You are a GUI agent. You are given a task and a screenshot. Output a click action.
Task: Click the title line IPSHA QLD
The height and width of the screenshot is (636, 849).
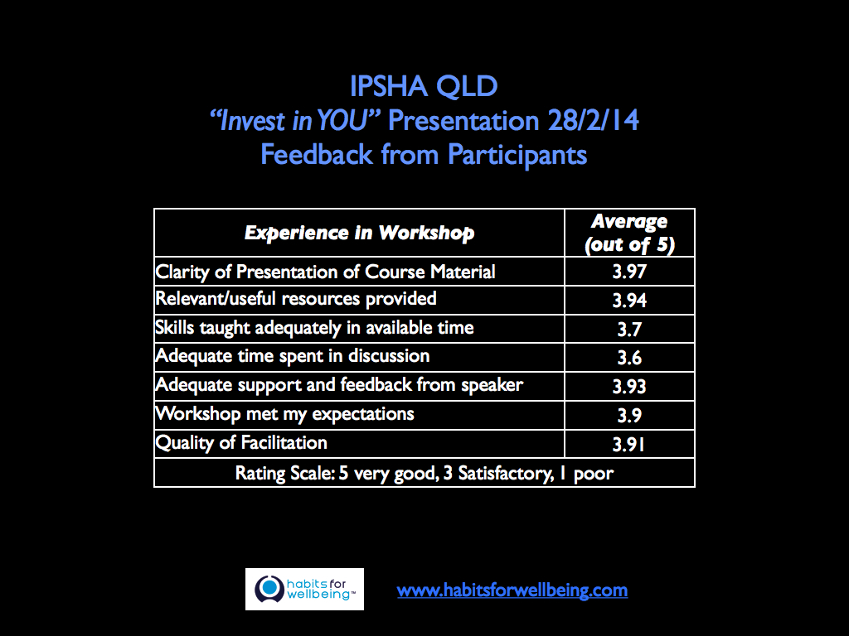[424, 88]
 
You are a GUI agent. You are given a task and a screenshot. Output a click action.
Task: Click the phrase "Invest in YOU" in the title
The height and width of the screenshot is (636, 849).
[295, 121]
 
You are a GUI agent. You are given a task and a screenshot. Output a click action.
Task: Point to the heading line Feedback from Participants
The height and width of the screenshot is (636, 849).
[424, 155]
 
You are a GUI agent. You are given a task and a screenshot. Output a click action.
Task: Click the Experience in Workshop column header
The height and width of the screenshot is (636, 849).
[359, 233]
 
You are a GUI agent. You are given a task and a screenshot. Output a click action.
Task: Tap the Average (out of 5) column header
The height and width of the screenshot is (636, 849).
[628, 233]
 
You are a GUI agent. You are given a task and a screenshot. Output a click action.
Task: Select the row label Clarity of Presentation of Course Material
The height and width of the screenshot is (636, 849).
[325, 272]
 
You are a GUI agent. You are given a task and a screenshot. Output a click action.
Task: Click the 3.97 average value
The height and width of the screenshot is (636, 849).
[629, 272]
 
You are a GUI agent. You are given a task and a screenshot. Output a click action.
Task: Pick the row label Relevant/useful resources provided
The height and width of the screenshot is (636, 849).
[295, 299]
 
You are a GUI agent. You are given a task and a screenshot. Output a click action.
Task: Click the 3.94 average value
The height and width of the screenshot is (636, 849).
[629, 300]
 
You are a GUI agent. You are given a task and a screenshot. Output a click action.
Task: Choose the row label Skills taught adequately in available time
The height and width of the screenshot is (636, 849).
[314, 328]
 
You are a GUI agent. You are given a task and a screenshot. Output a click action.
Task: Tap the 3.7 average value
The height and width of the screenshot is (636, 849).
[629, 329]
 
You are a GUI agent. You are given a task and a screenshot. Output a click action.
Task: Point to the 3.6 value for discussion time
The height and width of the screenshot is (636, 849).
[629, 358]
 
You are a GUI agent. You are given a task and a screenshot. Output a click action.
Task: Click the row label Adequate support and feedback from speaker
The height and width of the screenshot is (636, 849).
[339, 385]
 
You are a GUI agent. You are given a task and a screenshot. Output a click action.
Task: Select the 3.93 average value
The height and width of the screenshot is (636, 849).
[629, 386]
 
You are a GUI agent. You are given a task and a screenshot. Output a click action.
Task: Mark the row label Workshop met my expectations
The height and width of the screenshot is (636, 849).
[284, 413]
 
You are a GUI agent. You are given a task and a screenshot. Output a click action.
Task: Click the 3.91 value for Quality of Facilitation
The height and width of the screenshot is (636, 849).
[629, 444]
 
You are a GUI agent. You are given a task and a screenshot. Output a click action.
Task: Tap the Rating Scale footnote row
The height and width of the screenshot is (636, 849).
[424, 473]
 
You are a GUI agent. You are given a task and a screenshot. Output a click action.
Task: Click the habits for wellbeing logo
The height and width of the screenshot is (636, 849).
[304, 589]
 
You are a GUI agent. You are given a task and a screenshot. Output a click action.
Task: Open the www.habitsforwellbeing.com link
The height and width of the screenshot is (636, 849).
[512, 590]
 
